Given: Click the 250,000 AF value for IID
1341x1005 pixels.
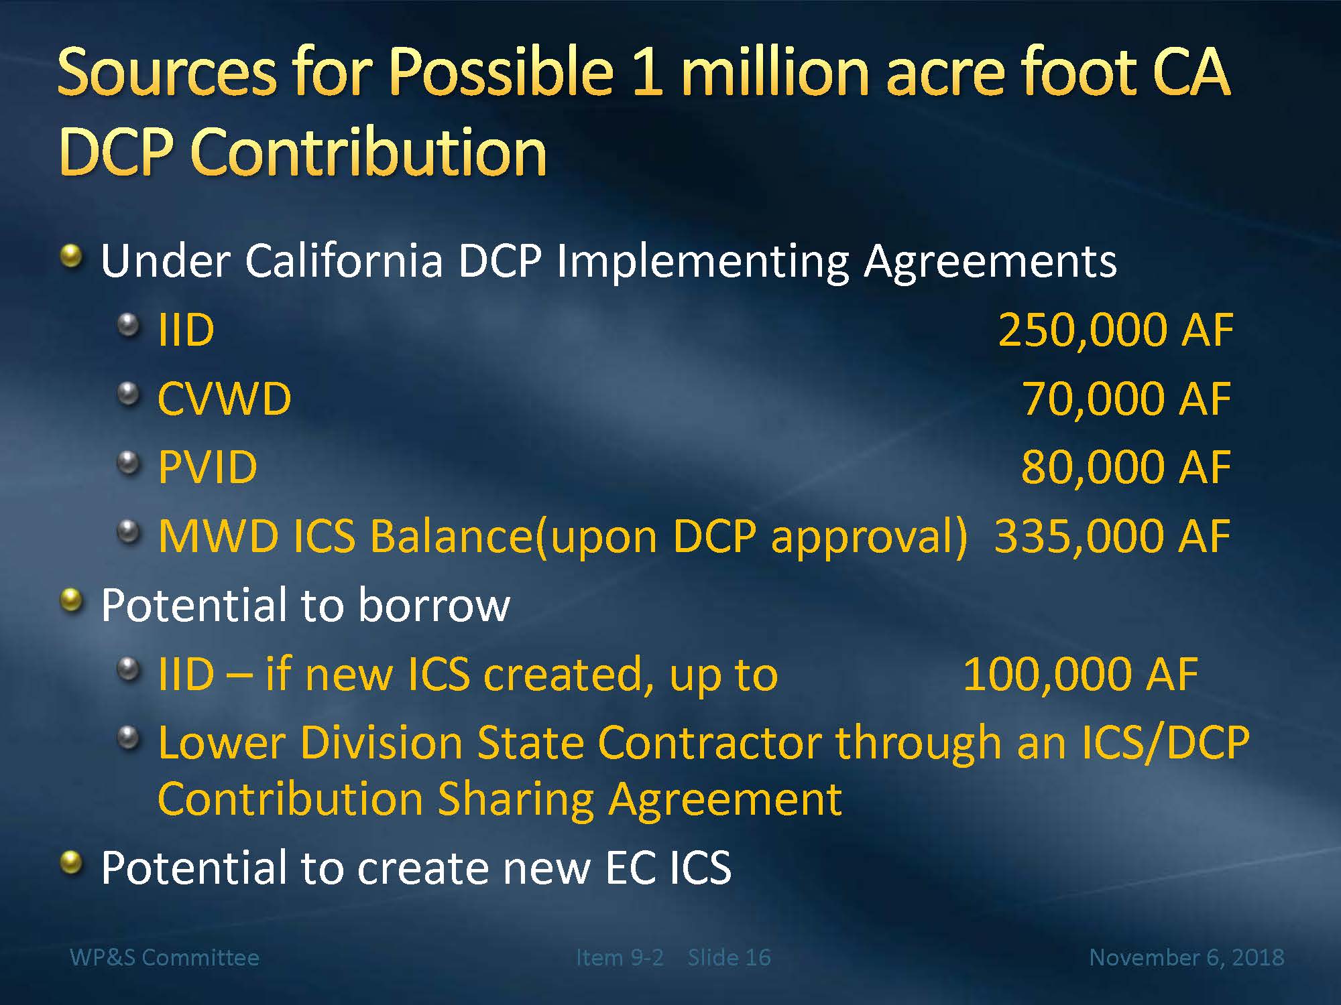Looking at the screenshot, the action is tap(1116, 330).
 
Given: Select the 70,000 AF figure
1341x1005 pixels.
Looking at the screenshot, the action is tap(1126, 399).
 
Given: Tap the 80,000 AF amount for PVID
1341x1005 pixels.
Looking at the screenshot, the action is tap(1126, 468).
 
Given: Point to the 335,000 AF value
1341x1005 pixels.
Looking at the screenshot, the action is tap(1113, 537).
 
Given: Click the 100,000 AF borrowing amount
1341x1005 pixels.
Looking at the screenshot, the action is tap(1081, 674).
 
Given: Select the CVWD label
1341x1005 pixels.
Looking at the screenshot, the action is tap(225, 399).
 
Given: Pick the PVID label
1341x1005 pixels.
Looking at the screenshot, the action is tap(208, 468).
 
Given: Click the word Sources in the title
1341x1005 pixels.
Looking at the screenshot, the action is tap(168, 72).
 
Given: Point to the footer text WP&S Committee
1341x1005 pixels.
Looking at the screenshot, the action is tap(165, 957).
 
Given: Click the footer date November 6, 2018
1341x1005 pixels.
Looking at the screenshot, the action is tap(1187, 957).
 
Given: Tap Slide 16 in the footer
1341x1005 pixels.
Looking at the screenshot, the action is tap(730, 957).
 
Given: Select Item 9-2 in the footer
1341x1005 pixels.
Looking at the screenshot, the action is tap(620, 957).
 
